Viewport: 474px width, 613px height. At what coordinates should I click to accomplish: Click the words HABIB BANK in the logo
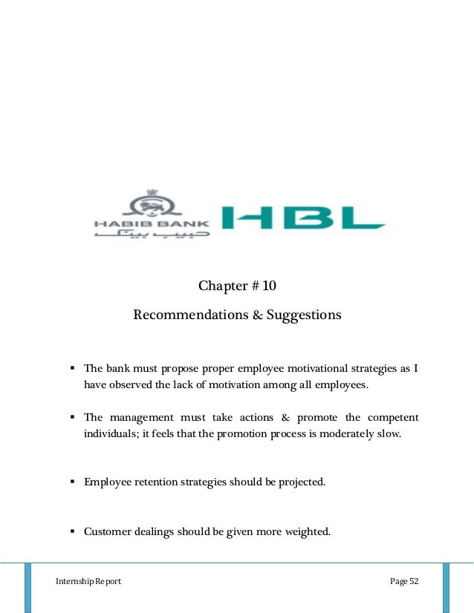pos(152,222)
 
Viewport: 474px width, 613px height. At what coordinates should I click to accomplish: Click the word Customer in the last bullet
pos(108,531)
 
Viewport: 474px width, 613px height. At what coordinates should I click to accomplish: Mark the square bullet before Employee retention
pos(73,482)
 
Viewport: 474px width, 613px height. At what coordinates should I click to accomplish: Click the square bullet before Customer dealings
pos(73,531)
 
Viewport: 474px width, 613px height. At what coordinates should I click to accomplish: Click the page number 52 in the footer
pos(413,581)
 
